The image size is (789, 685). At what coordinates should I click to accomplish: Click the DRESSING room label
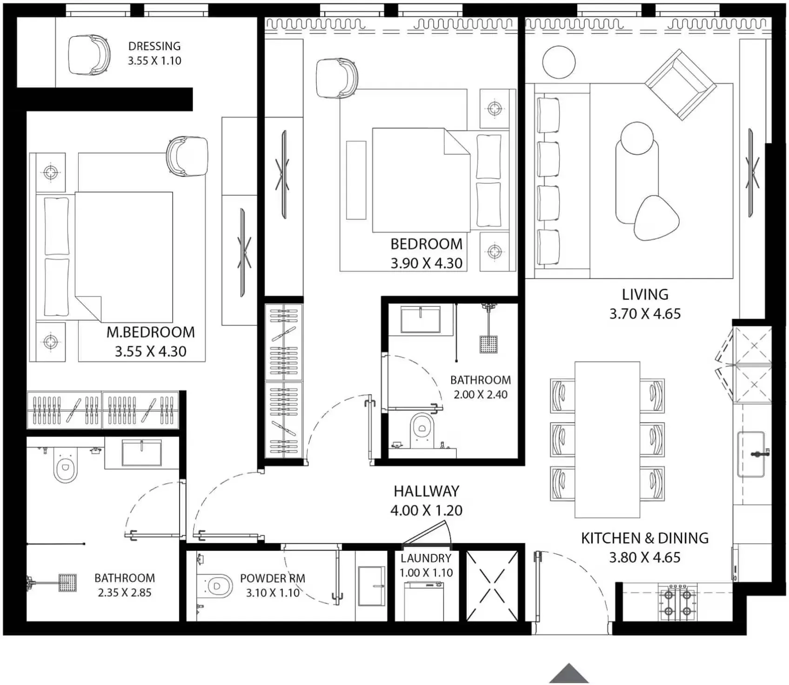(x=154, y=46)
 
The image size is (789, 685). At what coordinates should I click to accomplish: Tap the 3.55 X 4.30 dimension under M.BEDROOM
(x=150, y=351)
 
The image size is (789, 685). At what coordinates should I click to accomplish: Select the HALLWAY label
(x=426, y=491)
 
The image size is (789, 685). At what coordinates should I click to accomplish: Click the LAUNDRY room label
(x=426, y=558)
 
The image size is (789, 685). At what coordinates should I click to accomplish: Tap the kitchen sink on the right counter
(x=750, y=454)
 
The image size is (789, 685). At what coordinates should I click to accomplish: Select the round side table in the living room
(x=559, y=62)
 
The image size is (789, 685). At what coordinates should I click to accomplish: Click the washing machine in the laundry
(x=423, y=601)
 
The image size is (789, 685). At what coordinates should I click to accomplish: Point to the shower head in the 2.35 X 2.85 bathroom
(x=67, y=582)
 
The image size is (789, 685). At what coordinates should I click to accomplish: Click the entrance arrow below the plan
(x=568, y=674)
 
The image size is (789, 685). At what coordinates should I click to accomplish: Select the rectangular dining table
(x=607, y=439)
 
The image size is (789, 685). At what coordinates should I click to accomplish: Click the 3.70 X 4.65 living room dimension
(x=645, y=314)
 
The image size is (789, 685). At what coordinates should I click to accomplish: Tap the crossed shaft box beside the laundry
(x=492, y=586)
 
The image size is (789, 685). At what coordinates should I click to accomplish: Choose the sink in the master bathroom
(x=141, y=453)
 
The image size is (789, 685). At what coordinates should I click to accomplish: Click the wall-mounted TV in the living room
(x=751, y=172)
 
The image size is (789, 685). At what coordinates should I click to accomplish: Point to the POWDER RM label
(x=272, y=579)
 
